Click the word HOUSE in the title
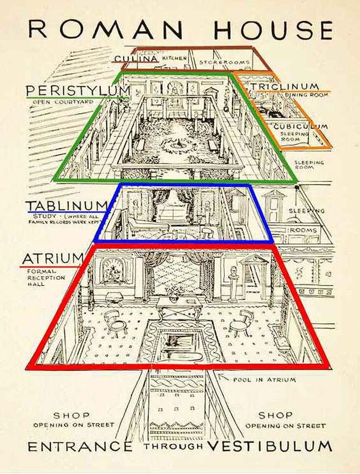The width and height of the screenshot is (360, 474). click(273, 30)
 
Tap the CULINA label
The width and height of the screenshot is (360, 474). click(136, 58)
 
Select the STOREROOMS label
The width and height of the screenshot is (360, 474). click(225, 62)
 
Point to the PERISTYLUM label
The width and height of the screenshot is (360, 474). click(78, 90)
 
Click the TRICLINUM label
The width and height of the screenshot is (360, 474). click(285, 86)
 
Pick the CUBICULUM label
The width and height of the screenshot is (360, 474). click(301, 126)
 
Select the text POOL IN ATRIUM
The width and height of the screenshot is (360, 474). click(264, 379)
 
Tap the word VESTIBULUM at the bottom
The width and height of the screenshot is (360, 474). click(270, 446)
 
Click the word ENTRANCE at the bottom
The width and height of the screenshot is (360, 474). click(80, 446)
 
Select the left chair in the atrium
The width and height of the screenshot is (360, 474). click(115, 322)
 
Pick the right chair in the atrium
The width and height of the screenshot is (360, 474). click(242, 323)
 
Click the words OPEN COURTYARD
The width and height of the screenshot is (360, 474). click(63, 102)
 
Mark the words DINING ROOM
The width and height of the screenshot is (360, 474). click(307, 95)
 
